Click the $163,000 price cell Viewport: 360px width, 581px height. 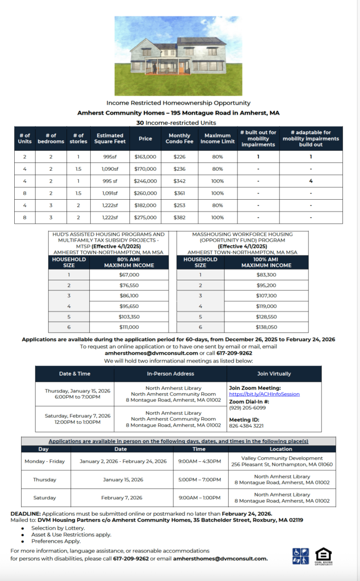coord(145,157)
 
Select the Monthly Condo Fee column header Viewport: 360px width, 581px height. coord(179,139)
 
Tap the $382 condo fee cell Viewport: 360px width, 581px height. coord(179,217)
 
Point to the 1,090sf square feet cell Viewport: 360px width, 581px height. coord(110,169)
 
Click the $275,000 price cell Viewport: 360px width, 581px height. coord(145,217)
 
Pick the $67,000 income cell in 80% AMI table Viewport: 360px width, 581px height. coord(129,275)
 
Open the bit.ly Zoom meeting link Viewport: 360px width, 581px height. coord(264,394)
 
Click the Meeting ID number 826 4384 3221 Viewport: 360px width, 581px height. coord(246,426)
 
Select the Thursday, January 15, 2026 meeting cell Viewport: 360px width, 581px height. coord(74,394)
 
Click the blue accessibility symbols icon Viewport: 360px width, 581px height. coord(300,556)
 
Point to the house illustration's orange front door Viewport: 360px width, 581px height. coord(182,68)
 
